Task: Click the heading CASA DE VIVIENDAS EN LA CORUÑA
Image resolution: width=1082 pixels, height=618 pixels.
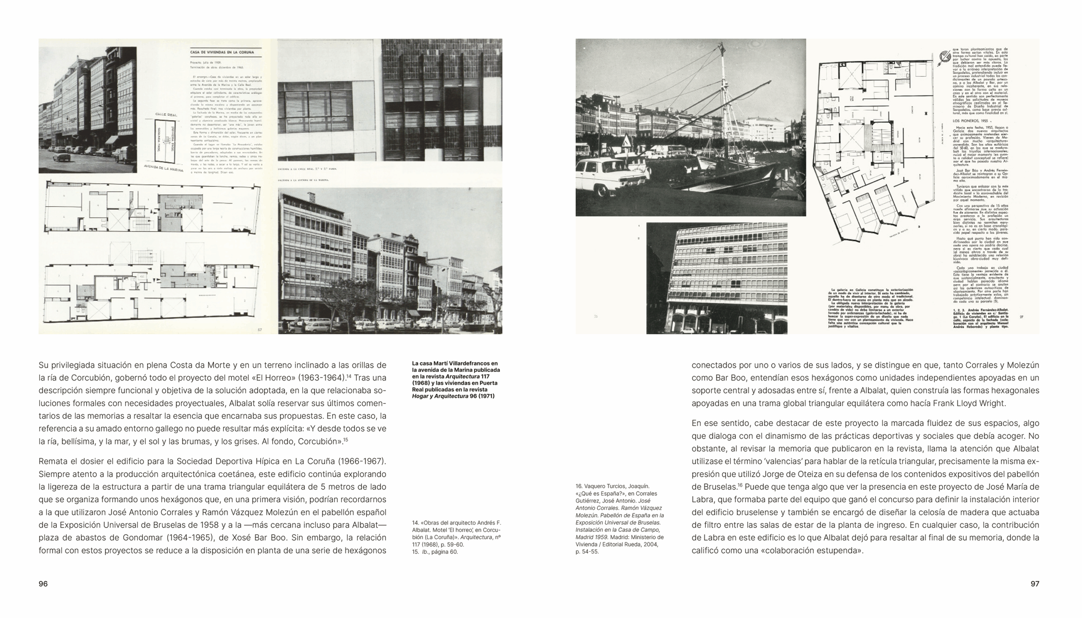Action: (221, 52)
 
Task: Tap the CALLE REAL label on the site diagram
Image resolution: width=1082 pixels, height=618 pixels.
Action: (166, 114)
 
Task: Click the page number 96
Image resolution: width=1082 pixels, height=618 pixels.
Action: (43, 584)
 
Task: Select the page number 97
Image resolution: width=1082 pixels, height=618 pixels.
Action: (1035, 584)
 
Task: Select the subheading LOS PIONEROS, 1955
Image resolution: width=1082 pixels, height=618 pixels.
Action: (969, 120)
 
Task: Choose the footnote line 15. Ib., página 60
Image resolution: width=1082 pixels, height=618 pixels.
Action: (435, 552)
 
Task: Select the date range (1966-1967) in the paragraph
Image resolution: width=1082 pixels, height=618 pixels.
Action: (363, 461)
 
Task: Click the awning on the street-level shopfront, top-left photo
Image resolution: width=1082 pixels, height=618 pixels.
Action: (112, 139)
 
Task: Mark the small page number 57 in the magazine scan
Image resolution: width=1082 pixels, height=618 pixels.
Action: (260, 330)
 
